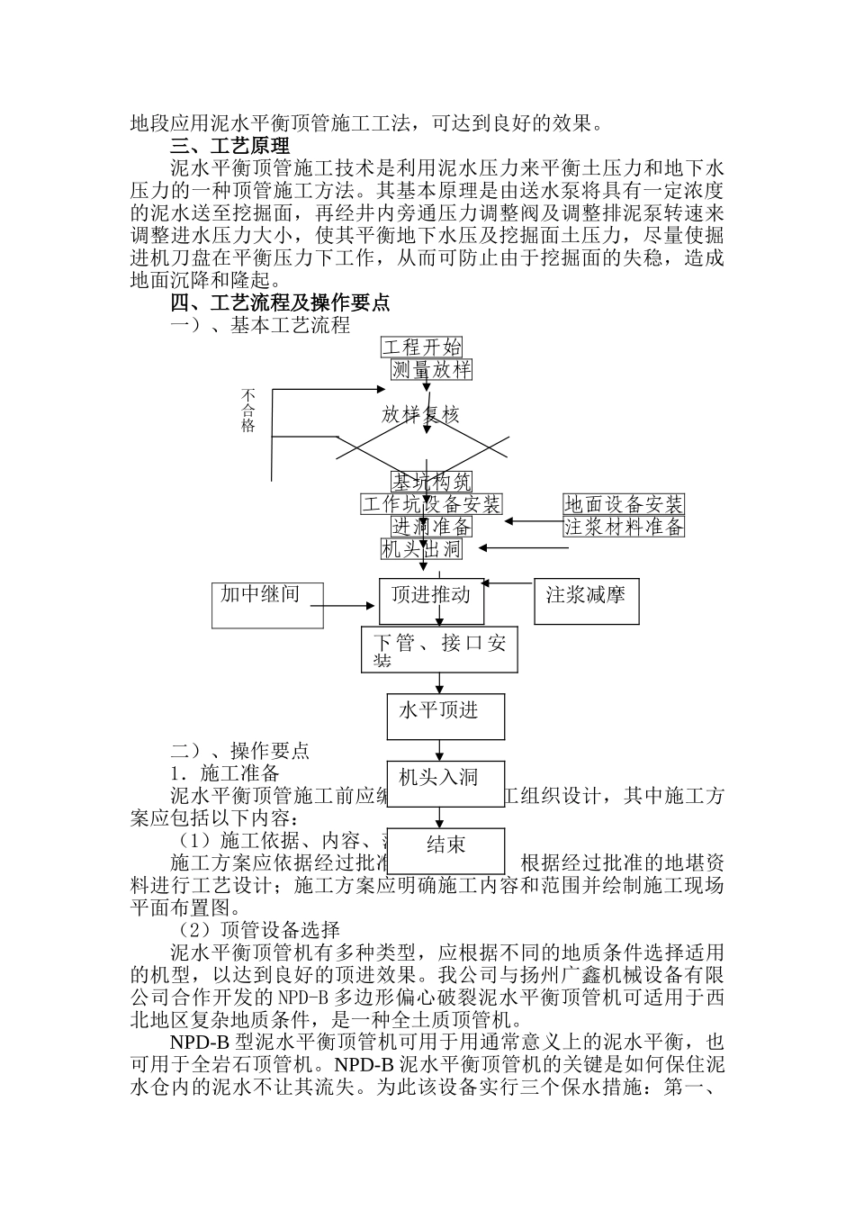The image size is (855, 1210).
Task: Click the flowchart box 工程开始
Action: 422,348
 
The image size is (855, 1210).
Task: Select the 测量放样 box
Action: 431,369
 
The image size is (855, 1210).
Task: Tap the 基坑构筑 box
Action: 431,482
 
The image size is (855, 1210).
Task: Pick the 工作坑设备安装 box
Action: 431,503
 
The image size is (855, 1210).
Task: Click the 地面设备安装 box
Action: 624,503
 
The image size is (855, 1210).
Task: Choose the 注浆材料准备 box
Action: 624,526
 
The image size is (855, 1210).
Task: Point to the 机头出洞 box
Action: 421,548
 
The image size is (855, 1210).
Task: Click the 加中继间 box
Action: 267,604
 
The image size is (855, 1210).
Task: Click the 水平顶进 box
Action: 445,716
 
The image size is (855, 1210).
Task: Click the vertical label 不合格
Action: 248,411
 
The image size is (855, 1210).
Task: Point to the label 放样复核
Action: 420,414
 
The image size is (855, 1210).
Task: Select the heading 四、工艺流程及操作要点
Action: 280,303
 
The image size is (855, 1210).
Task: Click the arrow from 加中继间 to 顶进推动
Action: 351,604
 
